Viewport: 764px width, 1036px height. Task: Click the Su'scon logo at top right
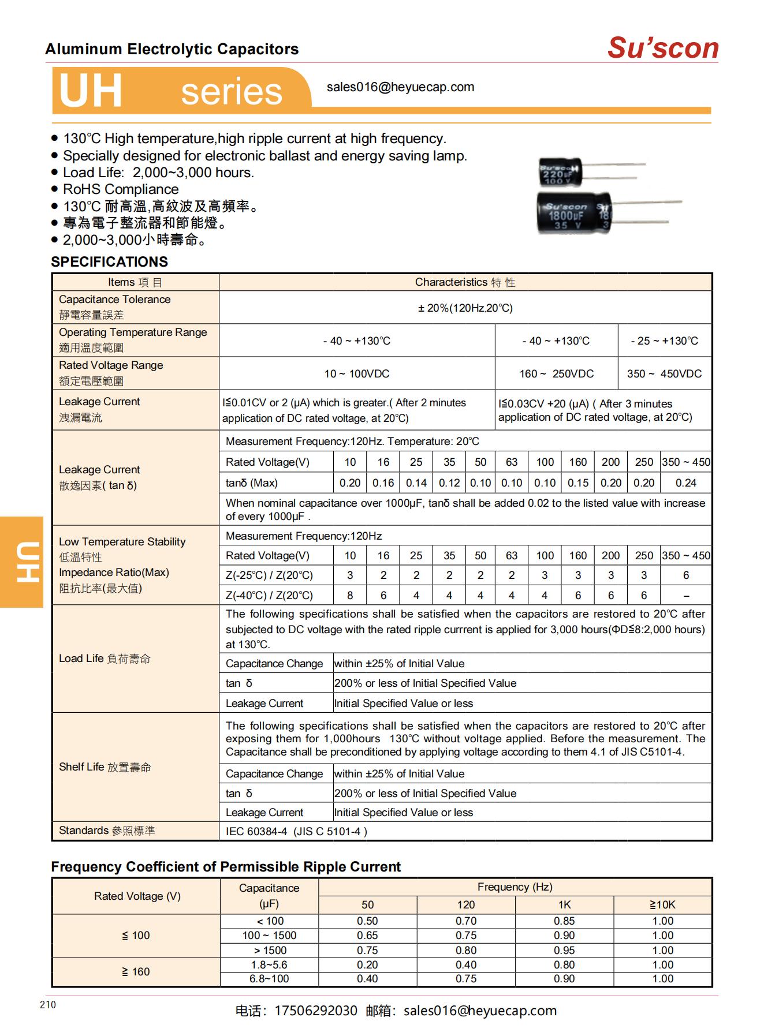click(662, 48)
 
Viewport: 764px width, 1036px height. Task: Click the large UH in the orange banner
click(91, 91)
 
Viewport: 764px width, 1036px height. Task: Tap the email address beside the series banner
click(400, 87)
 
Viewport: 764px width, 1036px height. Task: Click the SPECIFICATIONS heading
click(109, 262)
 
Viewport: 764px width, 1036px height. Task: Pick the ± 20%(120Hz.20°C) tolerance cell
click(465, 308)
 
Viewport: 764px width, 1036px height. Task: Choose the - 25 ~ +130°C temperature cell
click(664, 341)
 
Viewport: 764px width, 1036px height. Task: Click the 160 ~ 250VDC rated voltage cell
click(556, 374)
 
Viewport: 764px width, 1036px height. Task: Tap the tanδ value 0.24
click(685, 483)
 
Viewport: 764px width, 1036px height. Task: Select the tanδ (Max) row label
click(251, 483)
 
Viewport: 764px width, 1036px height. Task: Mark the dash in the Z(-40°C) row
click(685, 596)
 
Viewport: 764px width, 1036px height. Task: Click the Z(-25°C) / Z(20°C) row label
click(269, 575)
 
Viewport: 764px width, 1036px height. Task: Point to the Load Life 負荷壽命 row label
click(105, 659)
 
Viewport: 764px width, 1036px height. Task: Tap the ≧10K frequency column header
click(662, 905)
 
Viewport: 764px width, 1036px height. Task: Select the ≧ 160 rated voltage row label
click(136, 972)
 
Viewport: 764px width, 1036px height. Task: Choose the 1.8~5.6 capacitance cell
click(269, 965)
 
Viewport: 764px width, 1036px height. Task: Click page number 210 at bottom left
click(48, 1005)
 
